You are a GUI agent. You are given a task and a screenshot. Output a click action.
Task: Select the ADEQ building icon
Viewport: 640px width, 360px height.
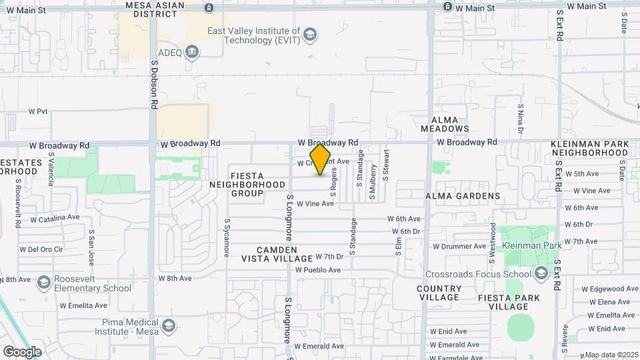tap(192, 52)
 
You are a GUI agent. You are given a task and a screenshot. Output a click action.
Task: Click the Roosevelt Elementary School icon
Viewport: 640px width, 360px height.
tap(43, 283)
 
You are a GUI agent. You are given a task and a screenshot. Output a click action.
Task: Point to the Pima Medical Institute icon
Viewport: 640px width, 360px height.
tap(169, 325)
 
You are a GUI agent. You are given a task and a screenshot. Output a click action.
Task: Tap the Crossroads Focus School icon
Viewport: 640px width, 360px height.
tap(541, 273)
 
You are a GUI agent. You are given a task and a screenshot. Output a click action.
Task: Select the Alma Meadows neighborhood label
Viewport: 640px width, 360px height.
tap(445, 124)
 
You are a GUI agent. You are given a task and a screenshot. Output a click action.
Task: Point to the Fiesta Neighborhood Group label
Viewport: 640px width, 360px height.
tap(247, 184)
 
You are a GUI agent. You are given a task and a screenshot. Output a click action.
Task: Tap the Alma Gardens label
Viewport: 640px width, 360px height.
tap(463, 196)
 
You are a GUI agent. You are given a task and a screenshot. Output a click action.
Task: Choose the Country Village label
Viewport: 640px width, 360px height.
tap(439, 293)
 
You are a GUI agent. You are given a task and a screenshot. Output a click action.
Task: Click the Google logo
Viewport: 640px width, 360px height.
tap(22, 351)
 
